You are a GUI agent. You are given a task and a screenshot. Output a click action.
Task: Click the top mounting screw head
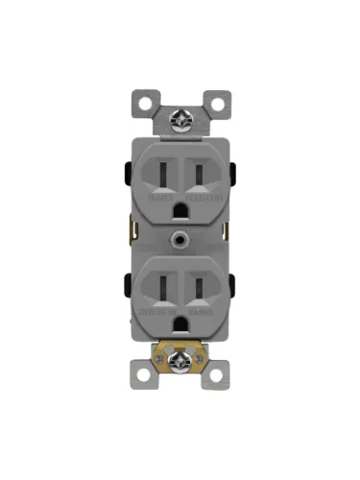point(180,120)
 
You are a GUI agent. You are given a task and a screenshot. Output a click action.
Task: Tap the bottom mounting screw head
point(180,361)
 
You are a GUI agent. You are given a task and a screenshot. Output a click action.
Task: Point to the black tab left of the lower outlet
point(128,285)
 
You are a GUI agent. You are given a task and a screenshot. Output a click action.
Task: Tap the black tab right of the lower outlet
point(232,285)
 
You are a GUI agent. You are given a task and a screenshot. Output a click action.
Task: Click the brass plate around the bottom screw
point(191,364)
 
